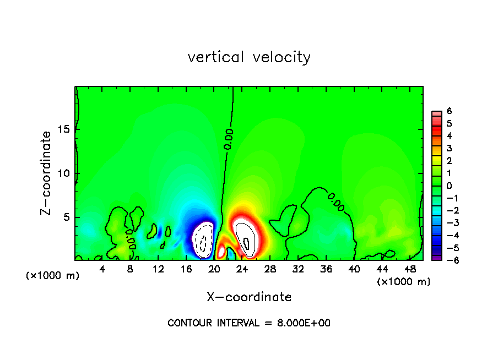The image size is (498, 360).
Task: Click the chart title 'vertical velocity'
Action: coord(249,57)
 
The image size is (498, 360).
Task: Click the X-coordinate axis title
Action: coord(249,297)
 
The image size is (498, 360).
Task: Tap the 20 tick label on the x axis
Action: coord(214,269)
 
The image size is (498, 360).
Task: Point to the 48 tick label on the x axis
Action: coord(409,269)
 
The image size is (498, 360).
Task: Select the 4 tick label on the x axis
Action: coord(102,269)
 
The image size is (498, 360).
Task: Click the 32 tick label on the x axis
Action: coord(298,269)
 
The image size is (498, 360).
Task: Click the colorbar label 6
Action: coord(449,111)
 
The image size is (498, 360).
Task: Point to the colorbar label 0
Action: coord(449,186)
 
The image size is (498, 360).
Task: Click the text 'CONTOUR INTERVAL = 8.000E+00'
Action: coord(249,323)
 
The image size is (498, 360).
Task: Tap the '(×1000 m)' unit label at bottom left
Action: coord(53,276)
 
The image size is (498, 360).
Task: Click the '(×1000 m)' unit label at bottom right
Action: coord(403,282)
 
